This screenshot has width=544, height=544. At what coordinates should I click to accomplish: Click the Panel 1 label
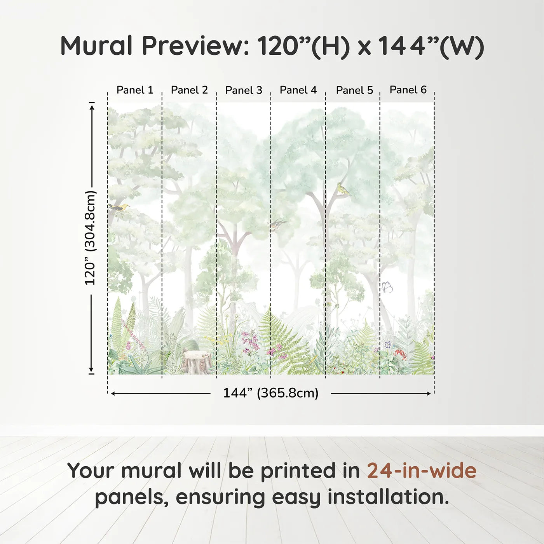pos(135,90)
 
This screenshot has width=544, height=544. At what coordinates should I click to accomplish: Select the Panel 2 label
pos(189,90)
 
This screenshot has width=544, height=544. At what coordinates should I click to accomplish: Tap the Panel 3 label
pos(244,91)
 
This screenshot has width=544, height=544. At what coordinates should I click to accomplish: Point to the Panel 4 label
pos(298,90)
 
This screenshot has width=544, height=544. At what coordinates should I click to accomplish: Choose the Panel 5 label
pos(354,91)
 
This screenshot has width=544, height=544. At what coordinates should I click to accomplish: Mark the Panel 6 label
pos(408,90)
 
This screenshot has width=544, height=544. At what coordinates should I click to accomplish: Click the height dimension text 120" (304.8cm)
pos(90,238)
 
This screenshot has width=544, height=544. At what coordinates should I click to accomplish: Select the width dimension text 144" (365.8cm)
pos(270,393)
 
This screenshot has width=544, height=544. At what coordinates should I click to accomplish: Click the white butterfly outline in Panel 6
pos(387,287)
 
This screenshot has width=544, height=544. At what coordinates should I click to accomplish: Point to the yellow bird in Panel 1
pos(119,207)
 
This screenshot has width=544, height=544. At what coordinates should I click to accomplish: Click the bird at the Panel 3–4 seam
pos(277,224)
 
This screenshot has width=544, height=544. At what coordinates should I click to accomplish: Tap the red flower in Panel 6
pos(400,354)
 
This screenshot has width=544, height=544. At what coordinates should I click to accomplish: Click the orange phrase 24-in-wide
pos(422,471)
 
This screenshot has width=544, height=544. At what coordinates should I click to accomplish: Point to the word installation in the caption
pos(388,497)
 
